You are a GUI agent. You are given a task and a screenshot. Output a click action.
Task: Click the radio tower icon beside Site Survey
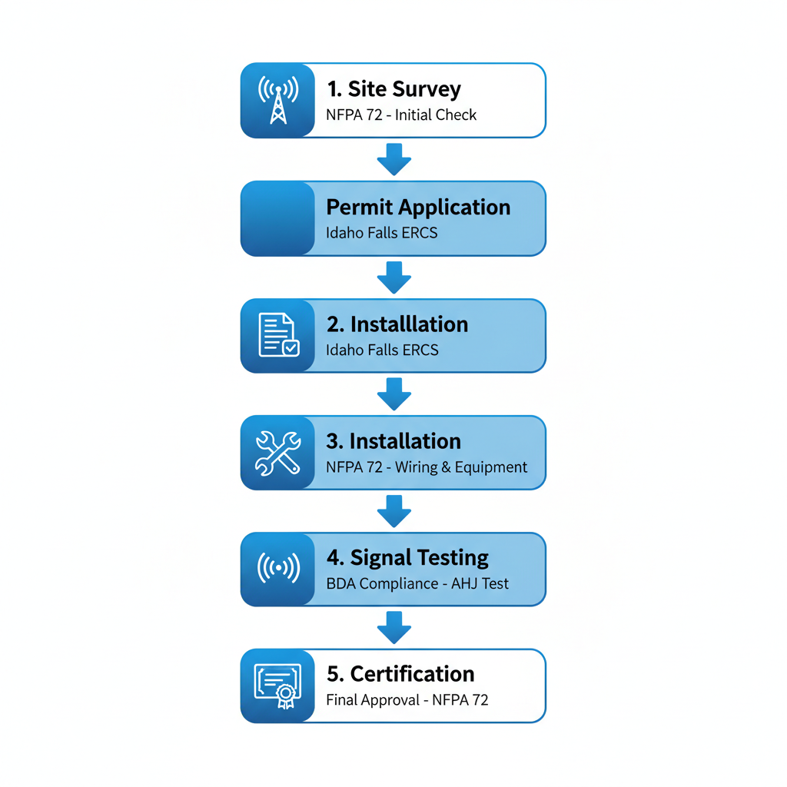pyautogui.click(x=277, y=101)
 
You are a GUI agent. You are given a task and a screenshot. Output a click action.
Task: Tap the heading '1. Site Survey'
pyautogui.click(x=394, y=89)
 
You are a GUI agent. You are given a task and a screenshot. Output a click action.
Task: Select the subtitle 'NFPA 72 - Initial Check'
pyautogui.click(x=401, y=115)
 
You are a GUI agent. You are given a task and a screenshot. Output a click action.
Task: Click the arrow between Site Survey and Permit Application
pyautogui.click(x=394, y=159)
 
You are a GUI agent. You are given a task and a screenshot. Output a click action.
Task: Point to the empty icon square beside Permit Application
pyautogui.click(x=277, y=218)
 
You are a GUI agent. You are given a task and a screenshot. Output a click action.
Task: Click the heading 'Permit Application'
pyautogui.click(x=418, y=208)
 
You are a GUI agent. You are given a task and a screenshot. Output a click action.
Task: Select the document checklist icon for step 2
pyautogui.click(x=277, y=335)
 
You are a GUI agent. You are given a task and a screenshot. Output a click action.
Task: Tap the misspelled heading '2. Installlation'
pyautogui.click(x=397, y=324)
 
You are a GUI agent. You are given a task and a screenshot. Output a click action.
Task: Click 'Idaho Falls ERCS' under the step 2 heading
pyautogui.click(x=382, y=350)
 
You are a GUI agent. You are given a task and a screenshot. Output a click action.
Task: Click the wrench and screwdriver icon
pyautogui.click(x=277, y=452)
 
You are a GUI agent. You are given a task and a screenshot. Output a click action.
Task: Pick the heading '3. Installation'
pyautogui.click(x=393, y=441)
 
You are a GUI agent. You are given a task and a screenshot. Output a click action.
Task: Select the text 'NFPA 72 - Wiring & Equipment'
pyautogui.click(x=427, y=467)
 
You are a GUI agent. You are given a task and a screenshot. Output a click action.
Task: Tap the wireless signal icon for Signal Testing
pyautogui.click(x=277, y=569)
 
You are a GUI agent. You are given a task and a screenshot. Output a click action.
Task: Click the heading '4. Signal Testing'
pyautogui.click(x=407, y=558)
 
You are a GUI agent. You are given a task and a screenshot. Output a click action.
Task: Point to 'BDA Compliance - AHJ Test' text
pyautogui.click(x=417, y=584)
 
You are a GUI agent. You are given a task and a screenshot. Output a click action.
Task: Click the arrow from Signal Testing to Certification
pyautogui.click(x=394, y=627)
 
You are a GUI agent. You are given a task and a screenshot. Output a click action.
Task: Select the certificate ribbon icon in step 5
pyautogui.click(x=277, y=686)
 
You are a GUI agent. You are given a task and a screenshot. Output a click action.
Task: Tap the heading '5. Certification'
pyautogui.click(x=400, y=675)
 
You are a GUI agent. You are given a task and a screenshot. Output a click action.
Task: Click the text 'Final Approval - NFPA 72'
pyautogui.click(x=407, y=700)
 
